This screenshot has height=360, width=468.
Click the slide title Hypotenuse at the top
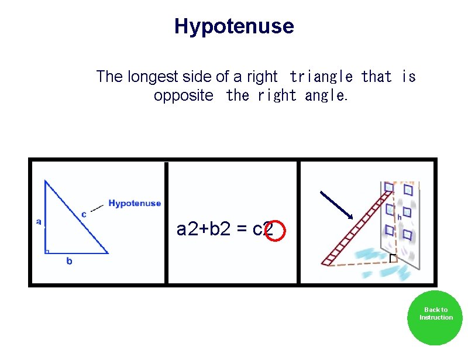point(234,26)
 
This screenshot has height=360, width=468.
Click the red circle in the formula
point(274,231)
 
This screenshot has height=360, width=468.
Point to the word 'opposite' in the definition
point(184,95)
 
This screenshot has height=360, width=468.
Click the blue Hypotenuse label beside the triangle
point(135,204)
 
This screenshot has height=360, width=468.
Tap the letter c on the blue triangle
point(84,215)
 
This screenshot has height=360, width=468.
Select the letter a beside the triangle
point(39,222)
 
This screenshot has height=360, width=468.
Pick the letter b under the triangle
point(69,261)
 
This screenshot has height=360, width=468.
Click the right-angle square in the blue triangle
point(47,251)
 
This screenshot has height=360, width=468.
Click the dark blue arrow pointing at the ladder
point(336,205)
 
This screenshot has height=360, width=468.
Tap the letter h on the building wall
point(400,217)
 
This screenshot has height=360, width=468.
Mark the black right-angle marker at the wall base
point(393,258)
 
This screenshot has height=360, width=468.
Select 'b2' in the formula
point(221,229)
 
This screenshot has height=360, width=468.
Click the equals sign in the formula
point(241,229)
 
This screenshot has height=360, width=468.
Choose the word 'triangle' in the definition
point(321,77)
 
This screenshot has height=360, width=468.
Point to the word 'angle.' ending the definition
point(326,95)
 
